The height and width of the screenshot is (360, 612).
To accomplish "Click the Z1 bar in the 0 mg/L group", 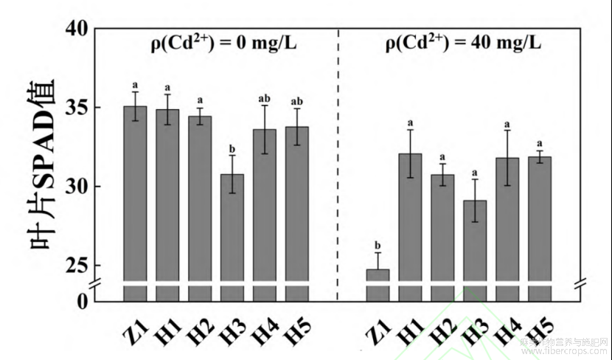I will [134, 199].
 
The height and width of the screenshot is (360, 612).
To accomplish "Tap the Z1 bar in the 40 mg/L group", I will [378, 284].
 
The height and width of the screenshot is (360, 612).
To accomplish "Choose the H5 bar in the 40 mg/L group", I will [540, 221].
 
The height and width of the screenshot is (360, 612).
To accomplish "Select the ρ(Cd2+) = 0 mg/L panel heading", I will [219, 43].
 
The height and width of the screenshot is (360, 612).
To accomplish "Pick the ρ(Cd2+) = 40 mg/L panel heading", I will [463, 43].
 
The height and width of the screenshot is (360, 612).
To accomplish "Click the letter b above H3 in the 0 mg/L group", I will [232, 148].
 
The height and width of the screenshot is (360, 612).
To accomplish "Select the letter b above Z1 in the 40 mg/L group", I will [378, 245].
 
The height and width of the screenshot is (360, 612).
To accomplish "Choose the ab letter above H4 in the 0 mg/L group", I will [265, 98].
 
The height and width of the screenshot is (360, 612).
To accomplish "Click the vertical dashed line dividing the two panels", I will [337, 162].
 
